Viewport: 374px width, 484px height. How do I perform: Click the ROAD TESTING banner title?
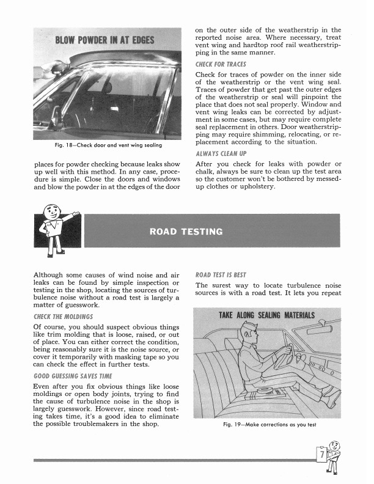[186, 232]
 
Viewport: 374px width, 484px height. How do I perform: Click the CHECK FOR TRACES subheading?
[220, 64]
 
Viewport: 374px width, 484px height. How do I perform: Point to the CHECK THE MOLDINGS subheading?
[63, 316]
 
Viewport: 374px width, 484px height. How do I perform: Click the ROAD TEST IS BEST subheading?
[221, 275]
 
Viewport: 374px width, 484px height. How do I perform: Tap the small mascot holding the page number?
[330, 456]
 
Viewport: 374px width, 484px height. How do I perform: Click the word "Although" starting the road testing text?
[51, 274]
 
